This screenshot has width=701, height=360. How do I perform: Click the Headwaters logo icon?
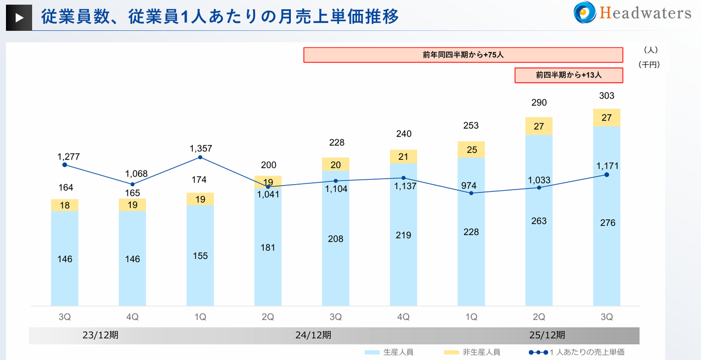585,13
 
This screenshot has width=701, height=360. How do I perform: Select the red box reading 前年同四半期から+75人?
463,55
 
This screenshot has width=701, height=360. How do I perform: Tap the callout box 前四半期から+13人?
568,75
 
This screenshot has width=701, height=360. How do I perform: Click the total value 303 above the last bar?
606,96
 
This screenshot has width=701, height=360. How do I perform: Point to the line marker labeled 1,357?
200,157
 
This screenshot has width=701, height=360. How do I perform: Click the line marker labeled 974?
471,193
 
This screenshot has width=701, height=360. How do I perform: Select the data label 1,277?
68,157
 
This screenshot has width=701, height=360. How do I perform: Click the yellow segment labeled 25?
471,150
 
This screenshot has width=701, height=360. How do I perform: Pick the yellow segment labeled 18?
65,205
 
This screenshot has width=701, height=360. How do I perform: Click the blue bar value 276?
607,222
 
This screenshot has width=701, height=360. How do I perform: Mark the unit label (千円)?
649,65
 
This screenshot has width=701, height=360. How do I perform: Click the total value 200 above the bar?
268,165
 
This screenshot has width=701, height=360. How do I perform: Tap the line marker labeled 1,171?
606,175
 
